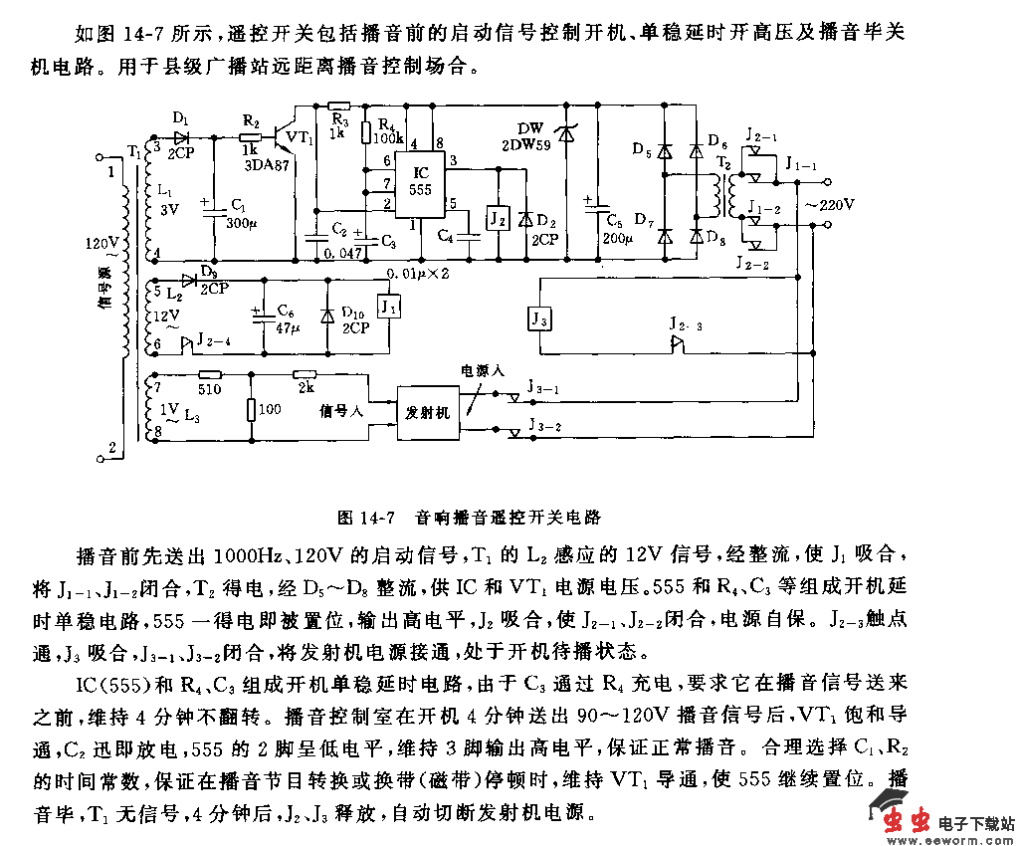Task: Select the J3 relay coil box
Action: [537, 319]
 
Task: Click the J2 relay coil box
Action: [496, 217]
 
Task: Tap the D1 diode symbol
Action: [180, 137]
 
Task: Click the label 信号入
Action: [340, 410]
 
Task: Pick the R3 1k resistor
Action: [338, 105]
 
